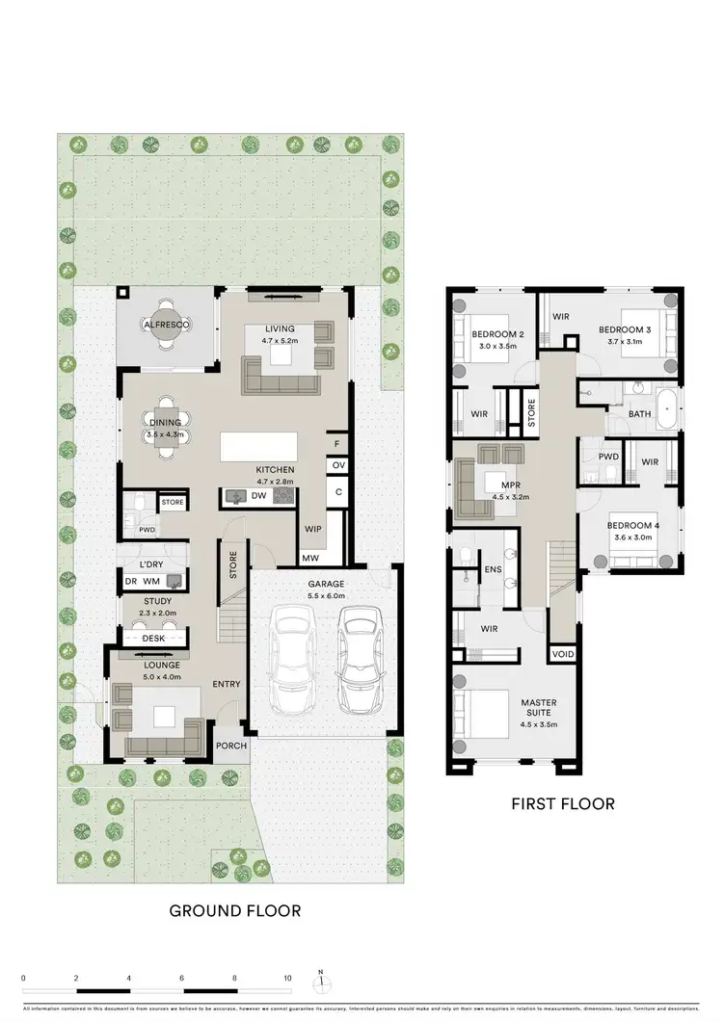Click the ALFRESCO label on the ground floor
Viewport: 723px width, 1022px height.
click(166, 326)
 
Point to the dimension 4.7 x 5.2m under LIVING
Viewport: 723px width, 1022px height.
click(281, 341)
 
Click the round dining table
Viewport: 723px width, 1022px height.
click(166, 428)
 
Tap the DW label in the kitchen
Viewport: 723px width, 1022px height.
click(257, 496)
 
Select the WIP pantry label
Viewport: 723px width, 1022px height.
click(312, 528)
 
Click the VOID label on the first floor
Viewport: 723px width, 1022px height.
click(561, 655)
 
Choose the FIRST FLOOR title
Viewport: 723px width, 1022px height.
click(563, 803)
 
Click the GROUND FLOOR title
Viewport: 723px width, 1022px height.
click(235, 909)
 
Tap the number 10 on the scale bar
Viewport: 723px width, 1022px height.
click(287, 977)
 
